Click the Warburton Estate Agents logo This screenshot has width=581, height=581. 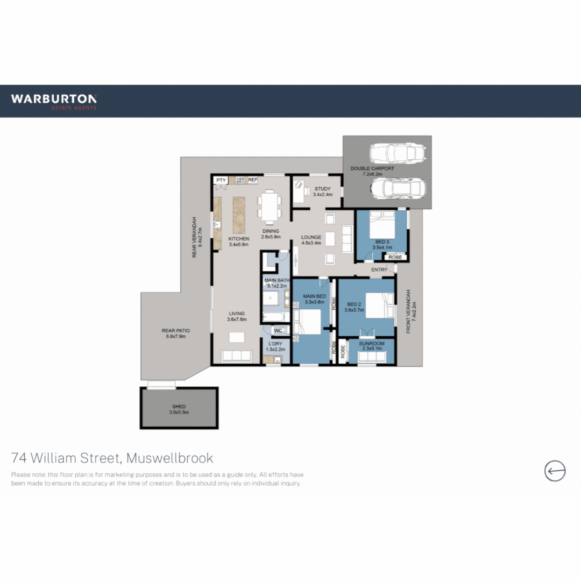point(54,101)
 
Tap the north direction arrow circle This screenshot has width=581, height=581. point(555,471)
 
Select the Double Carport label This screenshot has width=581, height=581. point(372,171)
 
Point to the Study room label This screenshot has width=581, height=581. point(323,192)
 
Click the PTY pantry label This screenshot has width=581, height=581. point(221,180)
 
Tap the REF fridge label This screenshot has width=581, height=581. point(252,180)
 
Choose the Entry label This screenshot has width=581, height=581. point(379,270)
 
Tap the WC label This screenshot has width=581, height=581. point(278,330)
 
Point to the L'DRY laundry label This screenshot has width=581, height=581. point(275,346)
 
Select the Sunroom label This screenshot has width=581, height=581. point(372,346)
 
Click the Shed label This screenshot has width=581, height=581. point(179,409)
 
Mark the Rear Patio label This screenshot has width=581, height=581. point(175,334)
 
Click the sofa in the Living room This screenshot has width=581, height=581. point(237,355)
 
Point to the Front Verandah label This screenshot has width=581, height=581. point(411,312)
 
